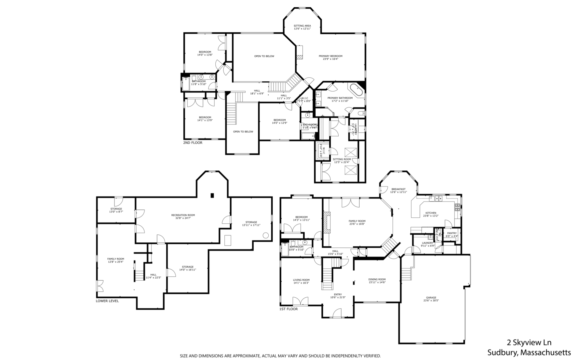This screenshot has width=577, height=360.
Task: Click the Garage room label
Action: point(431,298)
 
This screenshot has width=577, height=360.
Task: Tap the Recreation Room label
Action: point(183,215)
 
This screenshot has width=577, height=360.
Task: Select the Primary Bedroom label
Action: point(330,56)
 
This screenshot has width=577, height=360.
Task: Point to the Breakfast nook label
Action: point(398,189)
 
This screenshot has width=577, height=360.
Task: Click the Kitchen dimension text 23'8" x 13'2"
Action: point(431,216)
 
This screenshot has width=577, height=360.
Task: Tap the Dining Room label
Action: point(377,279)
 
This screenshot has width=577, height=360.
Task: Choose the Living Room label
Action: point(301,280)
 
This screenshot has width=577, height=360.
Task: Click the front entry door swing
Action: point(337,313)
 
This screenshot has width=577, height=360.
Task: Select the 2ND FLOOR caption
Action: point(193,143)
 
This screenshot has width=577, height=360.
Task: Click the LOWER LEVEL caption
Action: point(107,301)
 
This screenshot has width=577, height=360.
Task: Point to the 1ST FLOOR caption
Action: point(288,309)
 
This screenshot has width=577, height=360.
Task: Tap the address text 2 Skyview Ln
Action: point(529,343)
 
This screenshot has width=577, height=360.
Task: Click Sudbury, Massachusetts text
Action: point(529,352)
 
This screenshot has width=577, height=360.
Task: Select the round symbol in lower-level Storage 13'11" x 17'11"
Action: point(266,235)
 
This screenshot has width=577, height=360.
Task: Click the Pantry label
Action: point(452,233)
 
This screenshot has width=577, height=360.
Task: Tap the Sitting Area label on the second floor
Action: point(302,26)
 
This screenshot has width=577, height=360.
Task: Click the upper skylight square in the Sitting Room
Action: point(351,153)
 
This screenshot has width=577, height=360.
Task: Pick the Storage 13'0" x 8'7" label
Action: point(116,209)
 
